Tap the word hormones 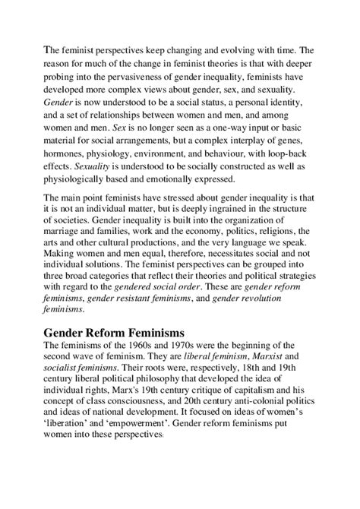(x=65, y=149)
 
